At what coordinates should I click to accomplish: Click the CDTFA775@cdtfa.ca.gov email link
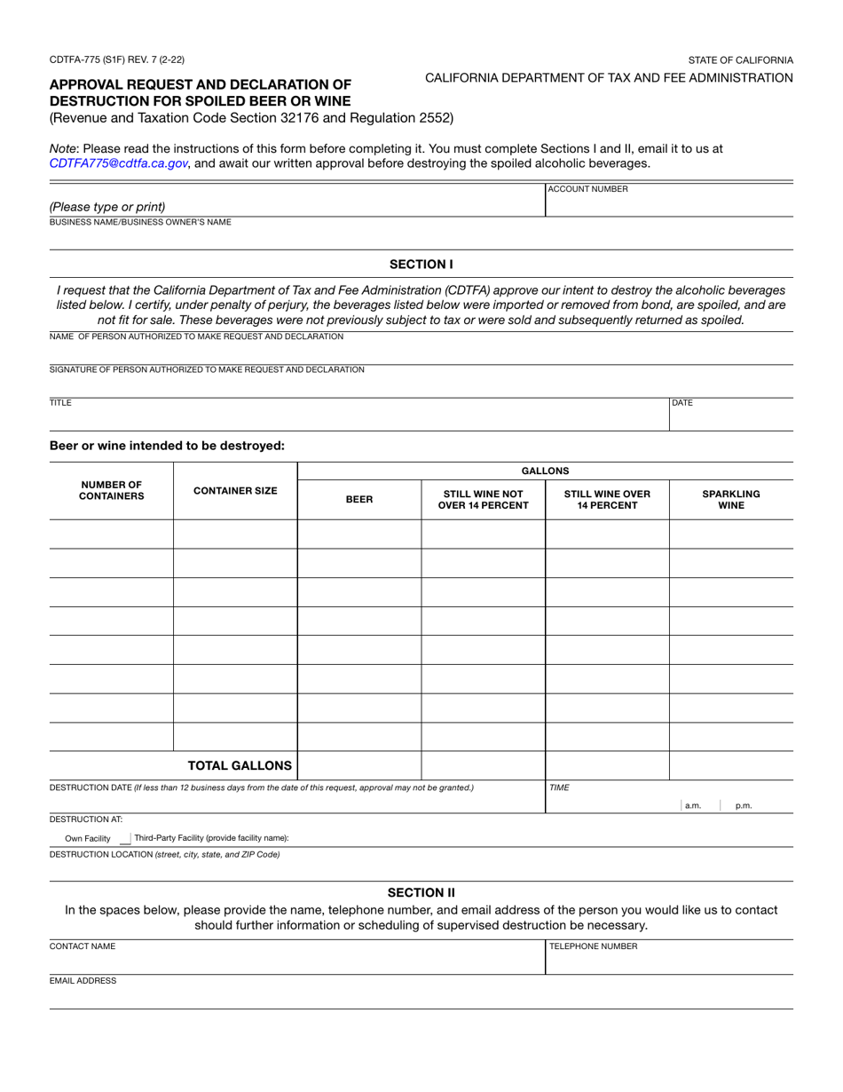[118, 163]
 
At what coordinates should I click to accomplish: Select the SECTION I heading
[421, 264]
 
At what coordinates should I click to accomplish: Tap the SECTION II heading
[421, 892]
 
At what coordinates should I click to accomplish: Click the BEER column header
[358, 500]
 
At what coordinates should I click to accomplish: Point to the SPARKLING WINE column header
[730, 500]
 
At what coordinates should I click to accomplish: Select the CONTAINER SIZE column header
[235, 491]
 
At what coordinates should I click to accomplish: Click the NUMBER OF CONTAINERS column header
[111, 491]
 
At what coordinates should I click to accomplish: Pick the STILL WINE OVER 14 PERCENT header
[607, 500]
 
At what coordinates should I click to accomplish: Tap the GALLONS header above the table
[545, 471]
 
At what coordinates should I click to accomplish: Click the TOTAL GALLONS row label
[239, 765]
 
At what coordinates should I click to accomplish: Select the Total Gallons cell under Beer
[358, 765]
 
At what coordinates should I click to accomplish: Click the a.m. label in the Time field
[693, 806]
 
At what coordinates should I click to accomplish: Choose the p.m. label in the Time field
[744, 806]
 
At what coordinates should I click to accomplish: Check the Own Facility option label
[87, 838]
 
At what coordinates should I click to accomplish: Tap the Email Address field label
[83, 981]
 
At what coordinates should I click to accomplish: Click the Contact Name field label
[83, 946]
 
